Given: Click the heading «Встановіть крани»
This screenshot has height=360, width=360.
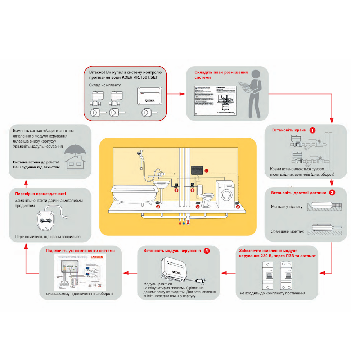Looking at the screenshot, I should coord(289,130).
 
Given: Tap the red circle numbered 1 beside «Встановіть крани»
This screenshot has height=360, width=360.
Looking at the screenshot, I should coord(313,130).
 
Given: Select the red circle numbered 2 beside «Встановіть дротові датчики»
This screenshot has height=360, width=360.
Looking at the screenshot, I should coord(332,193).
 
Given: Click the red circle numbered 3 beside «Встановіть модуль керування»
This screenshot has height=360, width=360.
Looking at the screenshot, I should coord(206,251).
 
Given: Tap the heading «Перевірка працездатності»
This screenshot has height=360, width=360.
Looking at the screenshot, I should coord(40,194).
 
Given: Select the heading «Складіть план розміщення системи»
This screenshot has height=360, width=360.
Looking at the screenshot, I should coord(221,75).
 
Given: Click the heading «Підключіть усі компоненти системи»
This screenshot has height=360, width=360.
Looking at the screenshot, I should coord(80,250).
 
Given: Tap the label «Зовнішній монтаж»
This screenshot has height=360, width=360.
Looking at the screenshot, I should coord(287,231).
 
